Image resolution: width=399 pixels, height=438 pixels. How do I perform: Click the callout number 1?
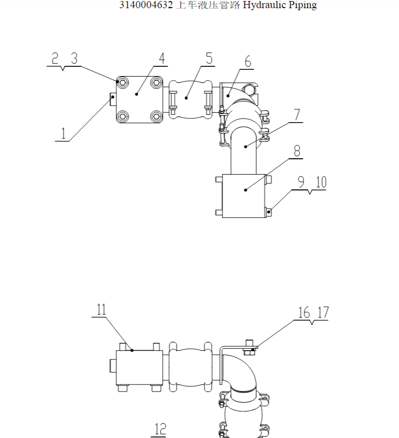click(63, 133)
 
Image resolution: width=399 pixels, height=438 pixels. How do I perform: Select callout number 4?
click(162, 58)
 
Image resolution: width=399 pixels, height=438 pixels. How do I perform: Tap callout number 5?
click(209, 58)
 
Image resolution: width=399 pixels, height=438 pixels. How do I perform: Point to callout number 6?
click(247, 61)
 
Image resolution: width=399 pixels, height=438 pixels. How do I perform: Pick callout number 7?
click(297, 114)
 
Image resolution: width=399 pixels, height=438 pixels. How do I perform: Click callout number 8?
click(297, 151)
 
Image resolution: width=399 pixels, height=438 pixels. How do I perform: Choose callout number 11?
click(102, 309)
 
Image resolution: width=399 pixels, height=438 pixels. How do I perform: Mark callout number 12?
click(161, 429)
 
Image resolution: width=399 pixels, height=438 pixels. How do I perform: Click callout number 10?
click(321, 182)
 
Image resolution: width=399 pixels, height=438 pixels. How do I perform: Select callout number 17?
click(323, 312)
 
